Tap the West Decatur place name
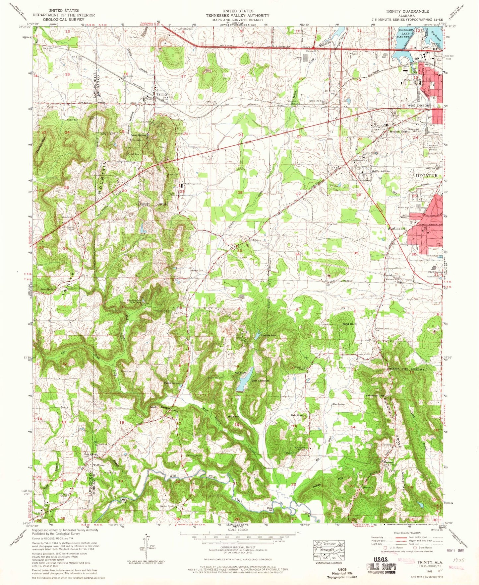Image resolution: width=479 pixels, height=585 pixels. click(x=418, y=105)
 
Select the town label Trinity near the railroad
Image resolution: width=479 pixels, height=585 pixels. click(x=162, y=94)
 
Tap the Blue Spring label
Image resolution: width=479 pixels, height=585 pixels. click(x=338, y=404)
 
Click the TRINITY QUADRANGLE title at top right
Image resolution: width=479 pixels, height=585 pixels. click(x=407, y=11)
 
